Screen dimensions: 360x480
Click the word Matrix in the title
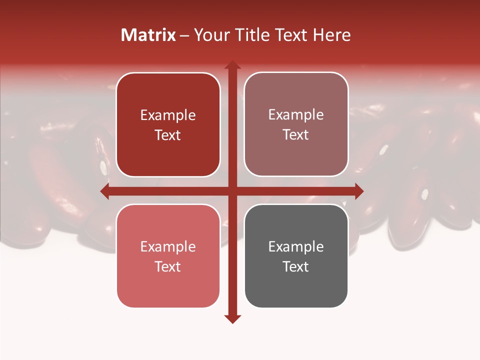[x=148, y=35]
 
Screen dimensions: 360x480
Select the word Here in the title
[x=332, y=35]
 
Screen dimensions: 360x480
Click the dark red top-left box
[x=168, y=125]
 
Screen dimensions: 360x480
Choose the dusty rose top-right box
[x=296, y=124]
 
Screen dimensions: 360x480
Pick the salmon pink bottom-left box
[x=168, y=256]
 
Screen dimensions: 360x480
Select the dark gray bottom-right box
[x=296, y=256]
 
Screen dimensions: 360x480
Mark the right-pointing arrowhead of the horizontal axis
[x=358, y=191]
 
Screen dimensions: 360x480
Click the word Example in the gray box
[x=296, y=246]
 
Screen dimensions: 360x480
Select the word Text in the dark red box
[x=168, y=135]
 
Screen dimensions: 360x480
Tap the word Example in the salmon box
[x=168, y=246]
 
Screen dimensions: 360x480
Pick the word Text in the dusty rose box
[x=296, y=134]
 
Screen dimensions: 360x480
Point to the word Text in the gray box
[x=296, y=266]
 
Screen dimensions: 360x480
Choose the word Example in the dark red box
[x=168, y=115]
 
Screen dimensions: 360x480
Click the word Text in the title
[x=290, y=35]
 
